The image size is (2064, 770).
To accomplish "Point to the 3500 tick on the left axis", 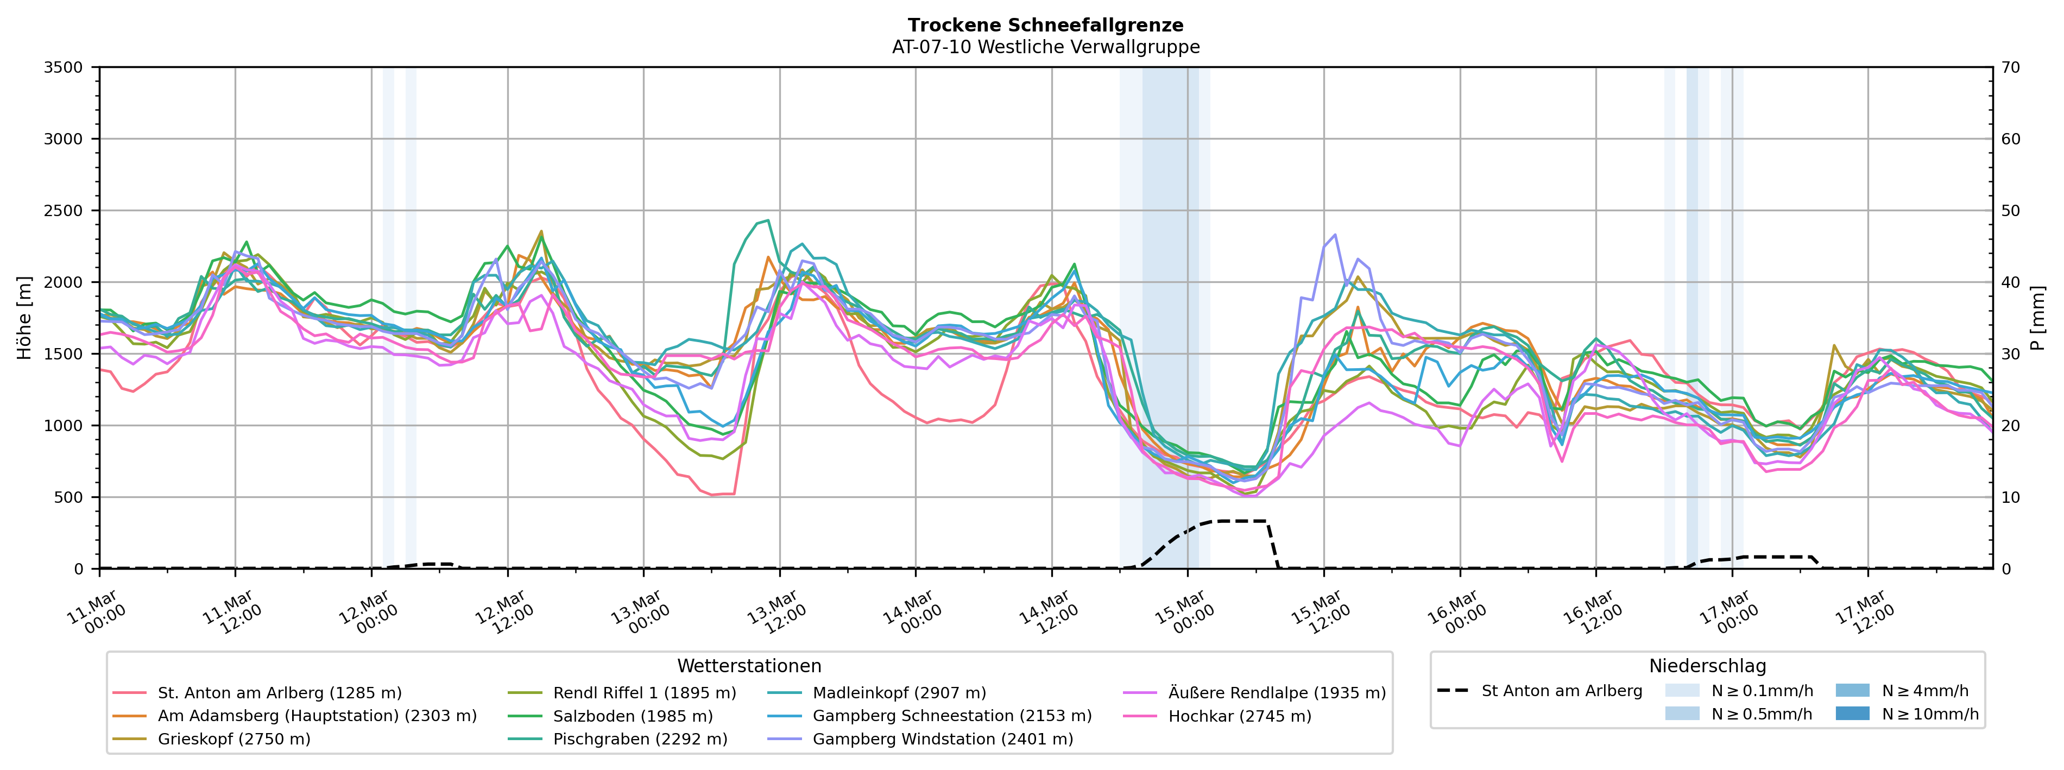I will coord(64,67).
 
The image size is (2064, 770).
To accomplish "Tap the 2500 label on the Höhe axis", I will coord(64,211).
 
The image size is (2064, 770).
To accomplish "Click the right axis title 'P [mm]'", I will coord(2037,318).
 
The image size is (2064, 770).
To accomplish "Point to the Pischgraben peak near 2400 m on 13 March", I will coord(768,220).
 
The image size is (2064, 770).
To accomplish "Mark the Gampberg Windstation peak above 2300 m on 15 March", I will coord(1335,235).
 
